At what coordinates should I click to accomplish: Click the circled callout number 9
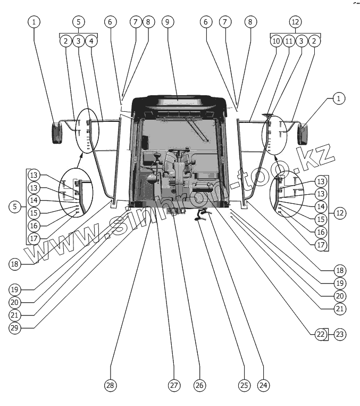(166, 22)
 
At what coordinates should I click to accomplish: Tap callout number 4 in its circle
(91, 41)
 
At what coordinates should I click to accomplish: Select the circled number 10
(275, 41)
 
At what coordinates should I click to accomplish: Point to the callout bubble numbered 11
(288, 41)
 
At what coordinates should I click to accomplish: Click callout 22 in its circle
(320, 334)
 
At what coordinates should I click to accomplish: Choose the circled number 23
(339, 334)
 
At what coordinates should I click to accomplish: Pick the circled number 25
(243, 384)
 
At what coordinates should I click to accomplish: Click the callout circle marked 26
(200, 384)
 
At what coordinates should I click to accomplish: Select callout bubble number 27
(173, 384)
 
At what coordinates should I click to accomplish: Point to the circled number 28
(111, 384)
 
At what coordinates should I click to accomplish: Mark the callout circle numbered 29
(15, 327)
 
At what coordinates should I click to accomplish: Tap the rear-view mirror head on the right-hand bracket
(304, 134)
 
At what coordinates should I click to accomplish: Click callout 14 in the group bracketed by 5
(34, 200)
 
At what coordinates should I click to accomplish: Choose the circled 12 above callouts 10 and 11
(295, 22)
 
